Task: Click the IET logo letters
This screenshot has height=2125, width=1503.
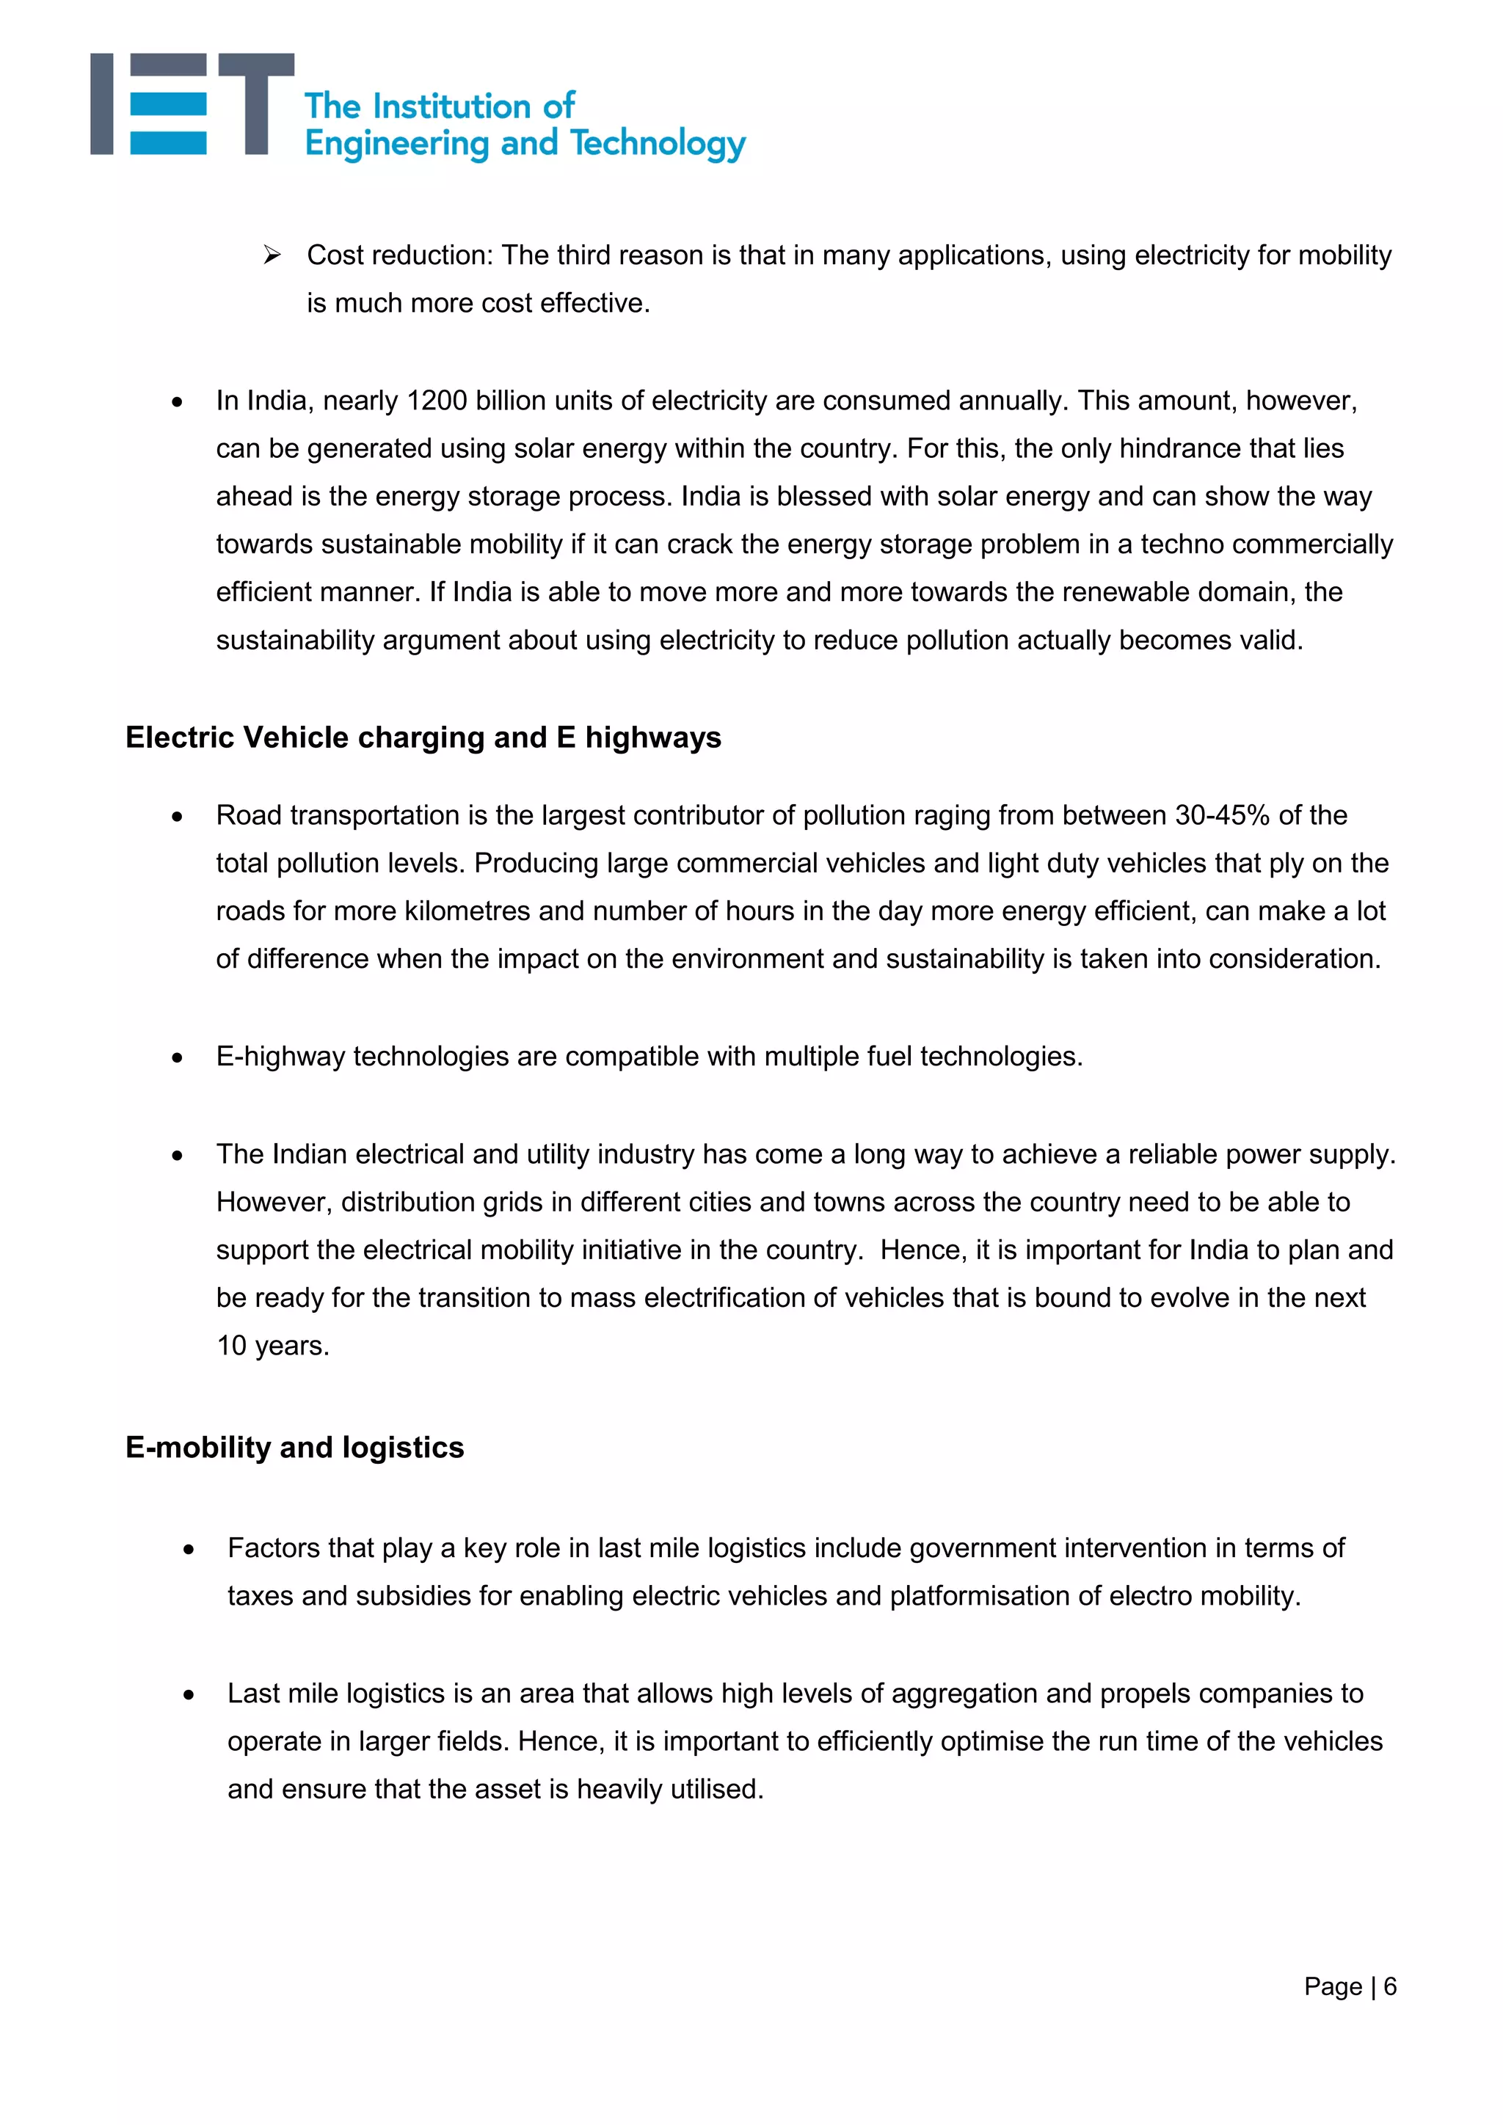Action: [192, 103]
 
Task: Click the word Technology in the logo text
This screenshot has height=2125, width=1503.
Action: [658, 145]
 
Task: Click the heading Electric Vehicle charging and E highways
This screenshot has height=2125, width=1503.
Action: [423, 737]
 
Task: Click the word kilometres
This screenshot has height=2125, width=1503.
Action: [467, 911]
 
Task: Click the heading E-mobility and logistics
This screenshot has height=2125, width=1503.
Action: [294, 1448]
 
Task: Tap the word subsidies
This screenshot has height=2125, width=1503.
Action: [412, 1597]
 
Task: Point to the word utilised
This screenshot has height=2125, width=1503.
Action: [716, 1790]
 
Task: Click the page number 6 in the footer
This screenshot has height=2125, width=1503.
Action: [1389, 1987]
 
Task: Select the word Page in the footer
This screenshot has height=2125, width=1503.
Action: [1332, 1987]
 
